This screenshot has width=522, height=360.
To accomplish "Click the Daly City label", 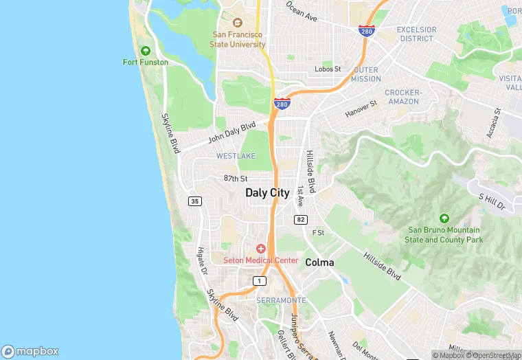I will pyautogui.click(x=267, y=193).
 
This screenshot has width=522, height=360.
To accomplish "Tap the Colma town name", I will pyautogui.click(x=319, y=262).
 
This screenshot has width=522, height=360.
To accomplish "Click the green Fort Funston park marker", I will pyautogui.click(x=146, y=51).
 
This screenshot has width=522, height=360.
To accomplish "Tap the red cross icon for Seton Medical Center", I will pyautogui.click(x=261, y=248).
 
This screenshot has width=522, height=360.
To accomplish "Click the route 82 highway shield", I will pyautogui.click(x=300, y=219).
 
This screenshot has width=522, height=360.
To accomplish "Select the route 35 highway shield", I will pyautogui.click(x=195, y=201).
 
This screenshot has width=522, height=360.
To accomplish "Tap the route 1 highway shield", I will pyautogui.click(x=259, y=280).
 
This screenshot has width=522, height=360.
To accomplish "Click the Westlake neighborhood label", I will pyautogui.click(x=236, y=157).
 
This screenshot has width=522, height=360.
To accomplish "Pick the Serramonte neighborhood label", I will pyautogui.click(x=281, y=301).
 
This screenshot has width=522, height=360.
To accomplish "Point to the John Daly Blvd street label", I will pyautogui.click(x=232, y=132).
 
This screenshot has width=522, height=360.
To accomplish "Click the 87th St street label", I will pyautogui.click(x=235, y=178).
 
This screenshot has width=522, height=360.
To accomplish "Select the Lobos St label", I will pyautogui.click(x=328, y=69).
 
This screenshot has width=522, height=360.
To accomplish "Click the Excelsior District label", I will pyautogui.click(x=416, y=34).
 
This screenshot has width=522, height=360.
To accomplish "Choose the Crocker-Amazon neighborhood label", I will pyautogui.click(x=402, y=97).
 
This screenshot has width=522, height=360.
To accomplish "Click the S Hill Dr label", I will pyautogui.click(x=492, y=201).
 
